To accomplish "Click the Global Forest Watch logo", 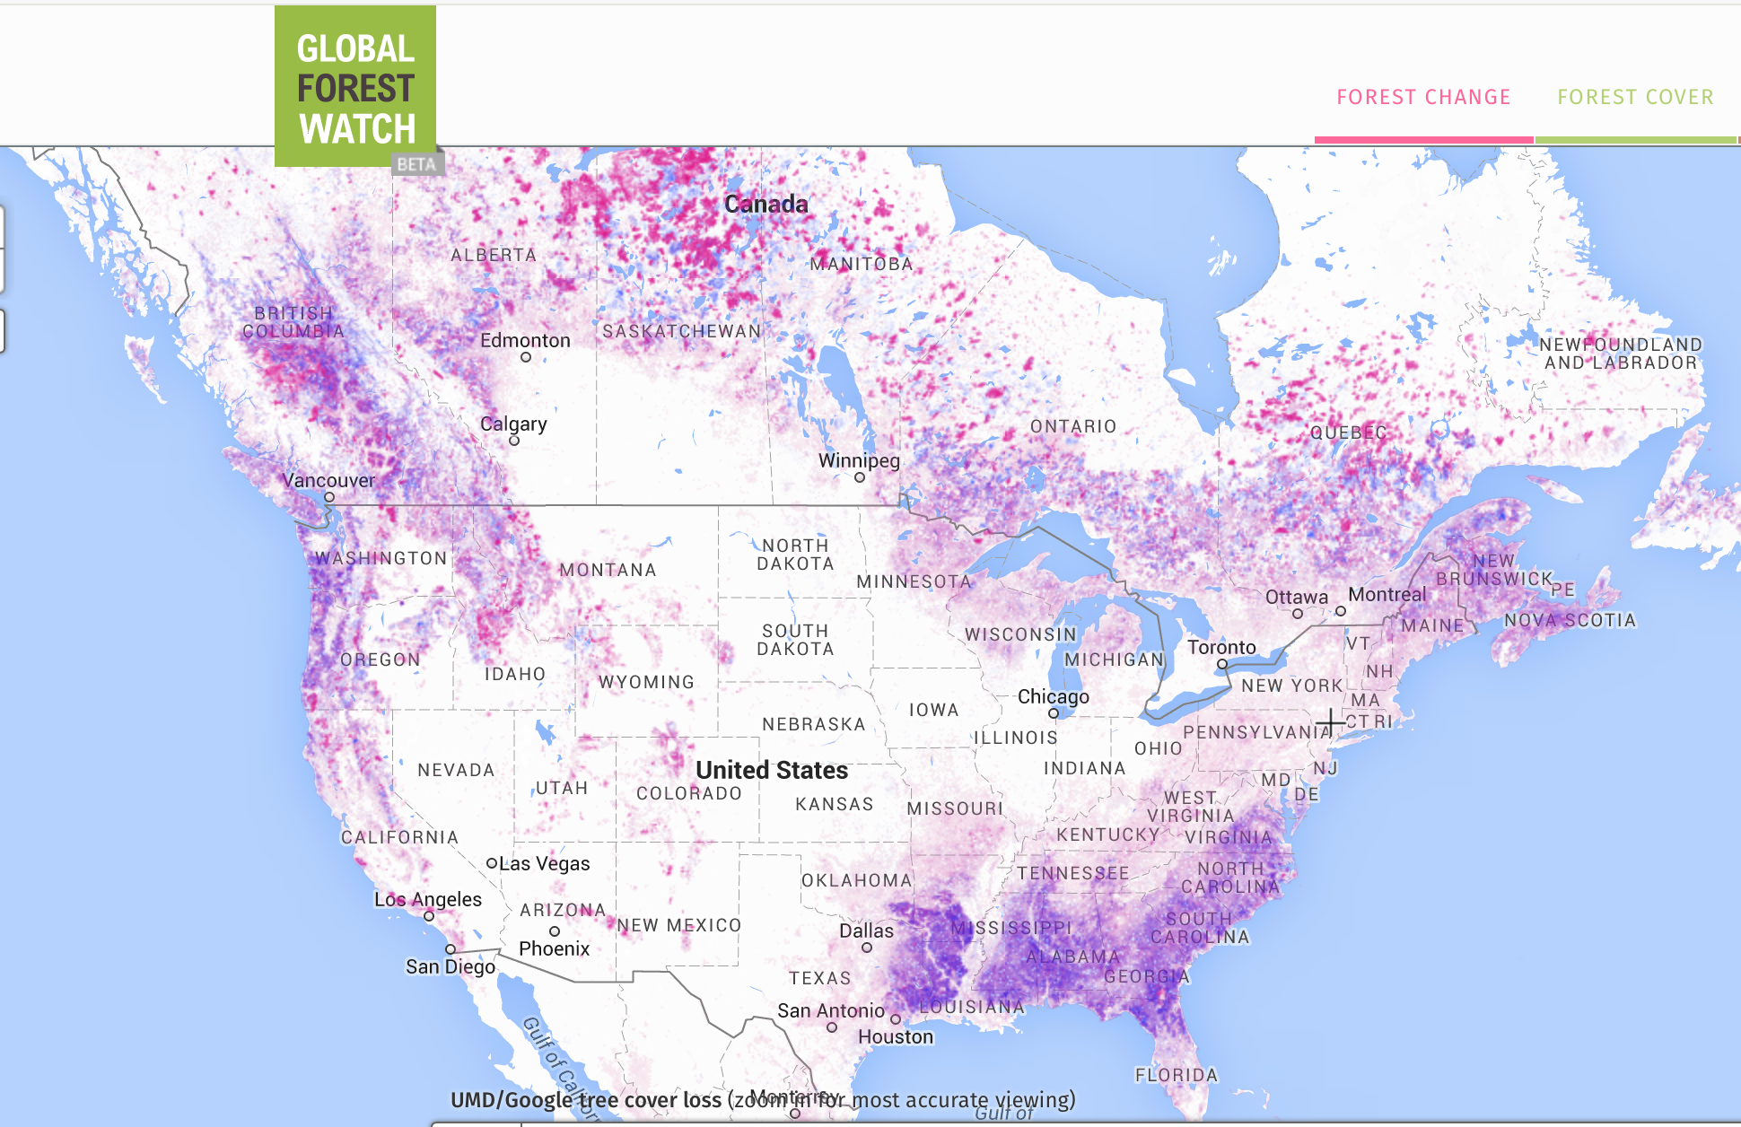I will (x=355, y=87).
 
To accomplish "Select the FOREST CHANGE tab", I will (x=1423, y=97).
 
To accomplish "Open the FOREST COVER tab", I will (x=1635, y=97).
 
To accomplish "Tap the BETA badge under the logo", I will (x=416, y=164).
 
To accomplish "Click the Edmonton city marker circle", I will (x=526, y=357).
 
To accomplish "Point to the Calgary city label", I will (x=513, y=424).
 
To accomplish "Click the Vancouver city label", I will (x=328, y=480).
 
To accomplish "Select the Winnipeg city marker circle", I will (x=860, y=477).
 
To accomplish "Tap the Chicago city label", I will (x=1053, y=696).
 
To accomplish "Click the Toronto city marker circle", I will (x=1222, y=664).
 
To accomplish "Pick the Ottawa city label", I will (x=1296, y=597).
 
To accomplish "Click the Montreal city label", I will (x=1387, y=594).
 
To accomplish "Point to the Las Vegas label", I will (x=544, y=863).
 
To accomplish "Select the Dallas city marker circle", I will (x=867, y=948).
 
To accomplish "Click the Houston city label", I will (x=896, y=1036).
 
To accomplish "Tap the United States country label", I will (x=772, y=770).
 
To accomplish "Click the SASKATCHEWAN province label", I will (x=681, y=331).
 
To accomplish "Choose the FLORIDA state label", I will (x=1176, y=1075).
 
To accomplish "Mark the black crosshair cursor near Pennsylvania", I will (x=1330, y=721).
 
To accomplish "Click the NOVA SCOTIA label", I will (x=1570, y=620).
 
